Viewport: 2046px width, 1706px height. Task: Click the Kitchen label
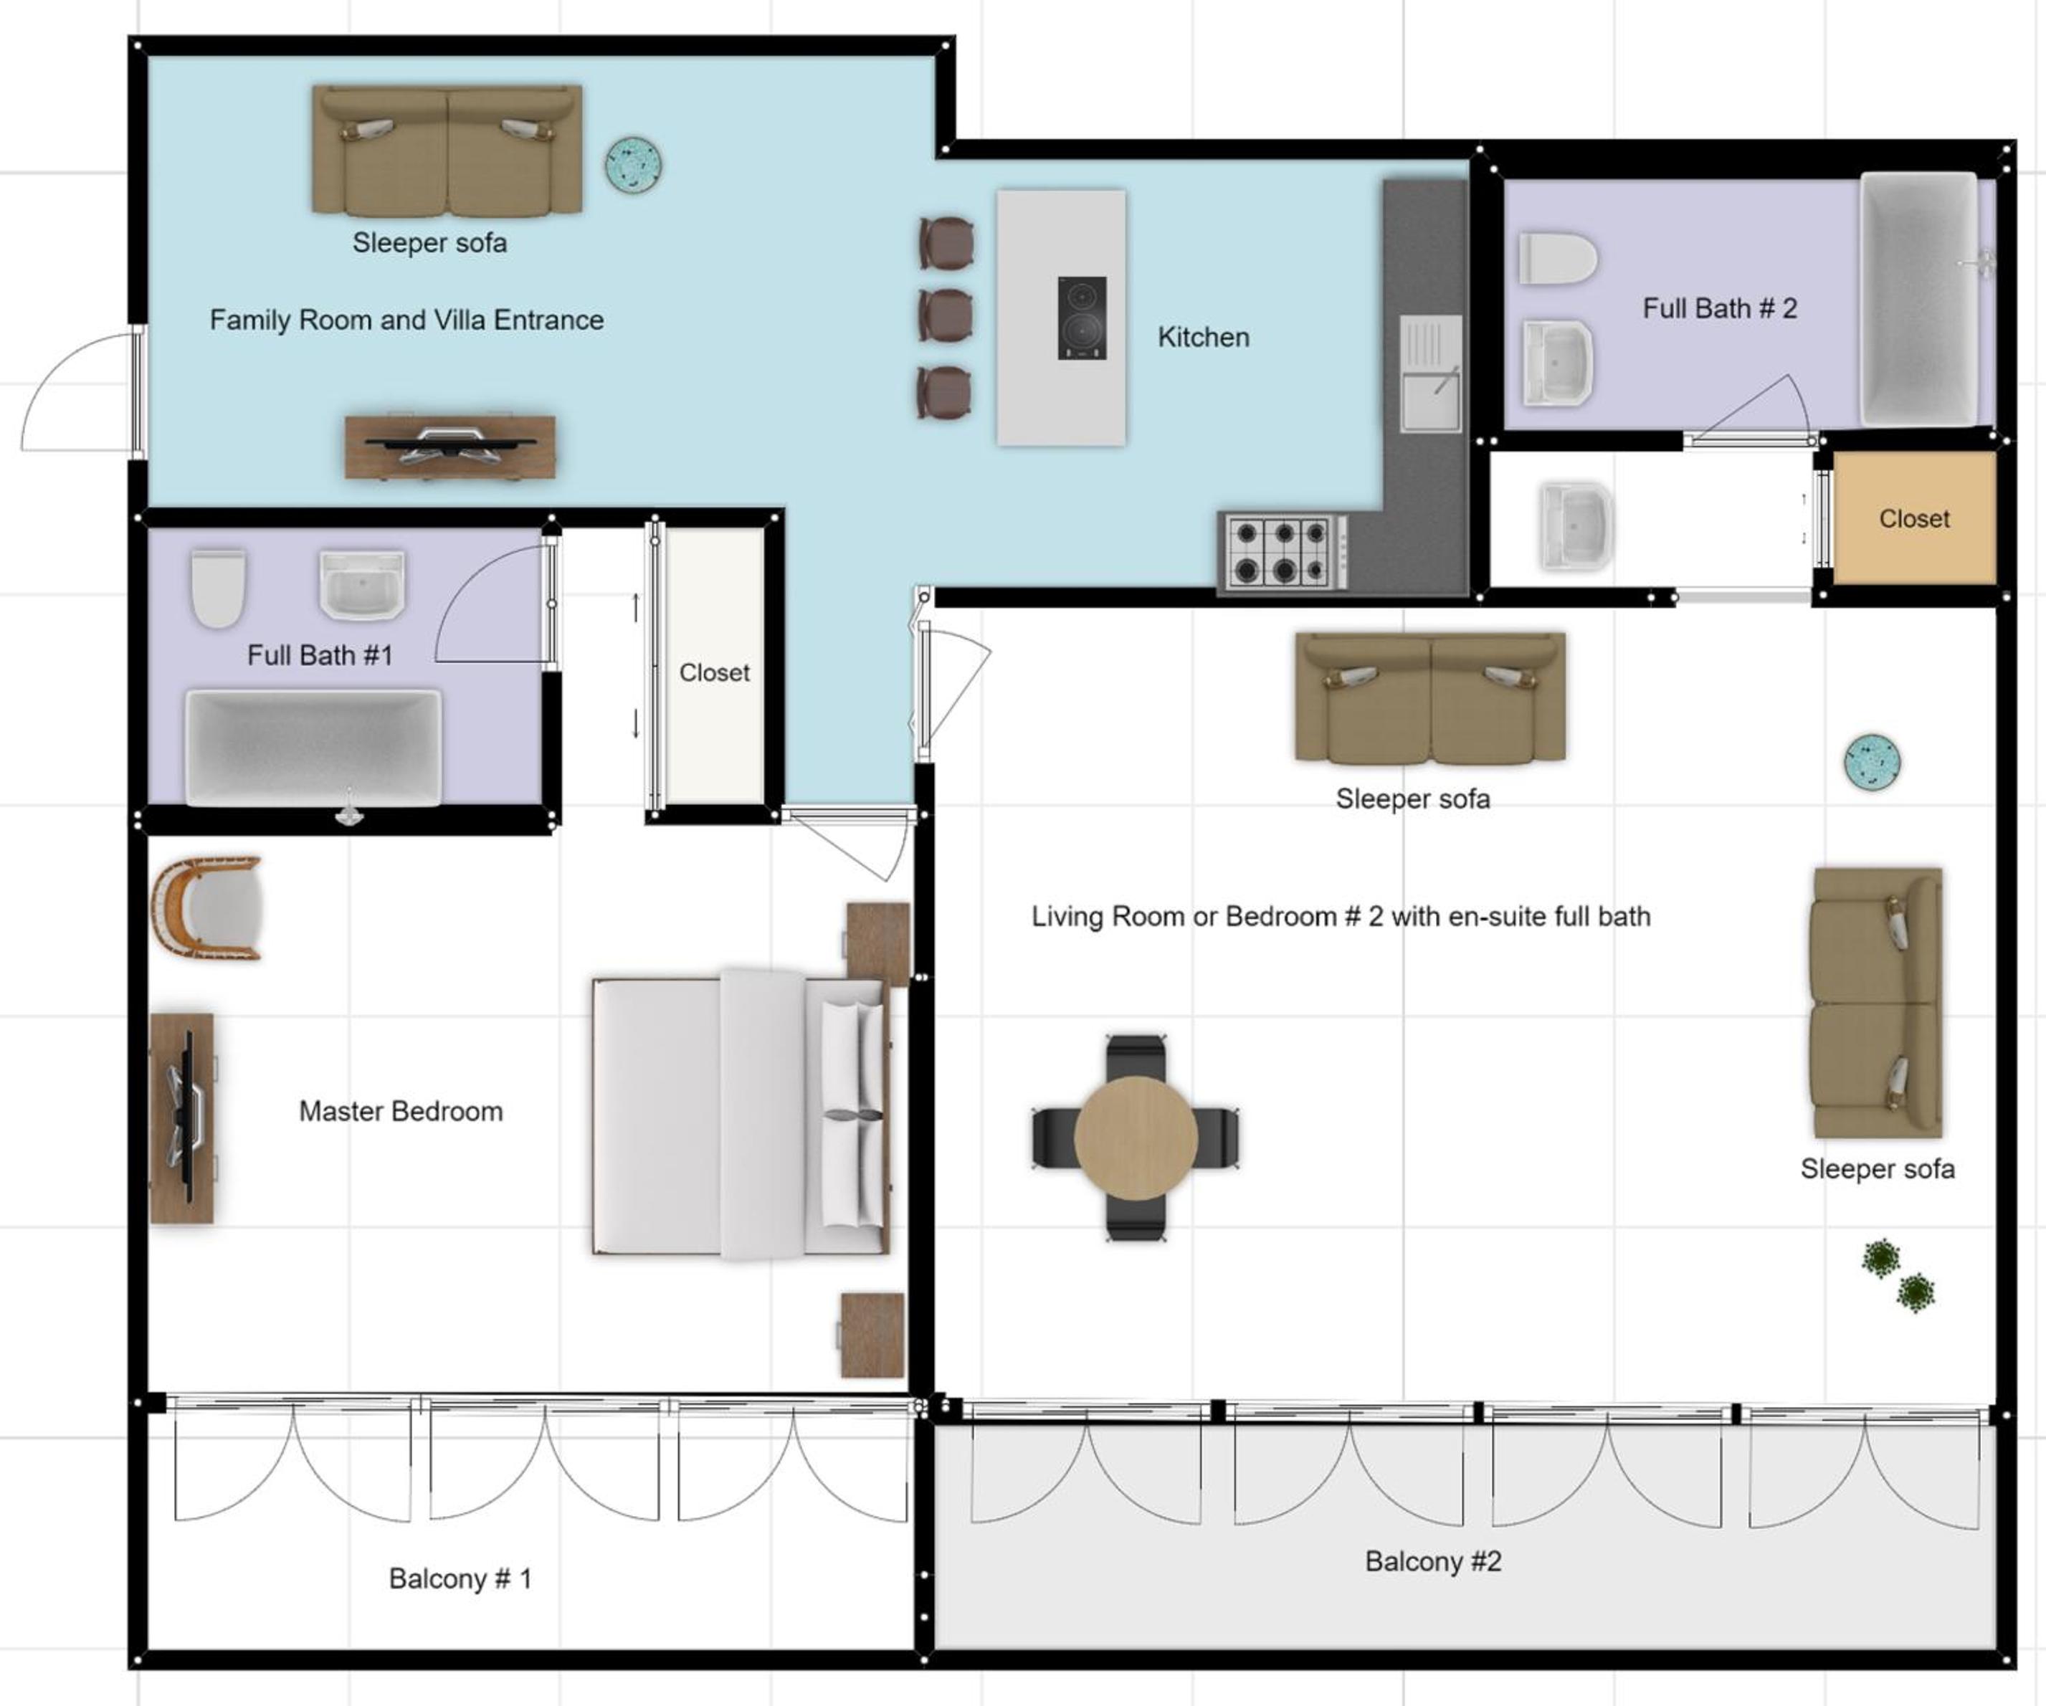tap(1203, 337)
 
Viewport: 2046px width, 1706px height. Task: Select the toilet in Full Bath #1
tap(218, 588)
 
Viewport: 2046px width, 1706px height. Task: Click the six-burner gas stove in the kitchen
tap(1284, 551)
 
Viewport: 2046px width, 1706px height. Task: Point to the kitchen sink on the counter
tap(1430, 373)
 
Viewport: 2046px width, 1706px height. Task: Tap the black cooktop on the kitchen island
tap(1083, 318)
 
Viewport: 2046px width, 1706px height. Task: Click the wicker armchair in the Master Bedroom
tap(206, 908)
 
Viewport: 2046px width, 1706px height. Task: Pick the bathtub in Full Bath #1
tap(314, 748)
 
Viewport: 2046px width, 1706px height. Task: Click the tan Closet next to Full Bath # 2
tap(1915, 518)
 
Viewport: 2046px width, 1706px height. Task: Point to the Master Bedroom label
tap(401, 1112)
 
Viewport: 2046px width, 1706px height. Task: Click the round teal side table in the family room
tap(633, 163)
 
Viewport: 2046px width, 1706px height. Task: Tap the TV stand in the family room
tap(450, 447)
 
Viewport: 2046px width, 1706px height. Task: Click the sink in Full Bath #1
tap(361, 585)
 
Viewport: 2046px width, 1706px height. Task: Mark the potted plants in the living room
tap(1898, 1277)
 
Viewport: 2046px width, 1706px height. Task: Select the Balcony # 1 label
tap(460, 1578)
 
